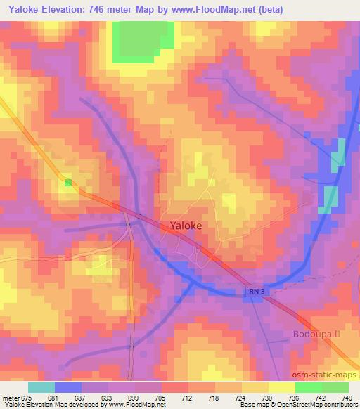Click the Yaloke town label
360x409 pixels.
(186, 226)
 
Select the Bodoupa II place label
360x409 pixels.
(316, 334)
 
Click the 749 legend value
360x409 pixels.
(347, 397)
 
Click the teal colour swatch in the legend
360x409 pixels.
(41, 387)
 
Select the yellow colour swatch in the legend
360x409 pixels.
(281, 387)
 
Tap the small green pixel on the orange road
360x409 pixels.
(68, 183)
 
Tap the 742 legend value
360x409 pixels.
(321, 397)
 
